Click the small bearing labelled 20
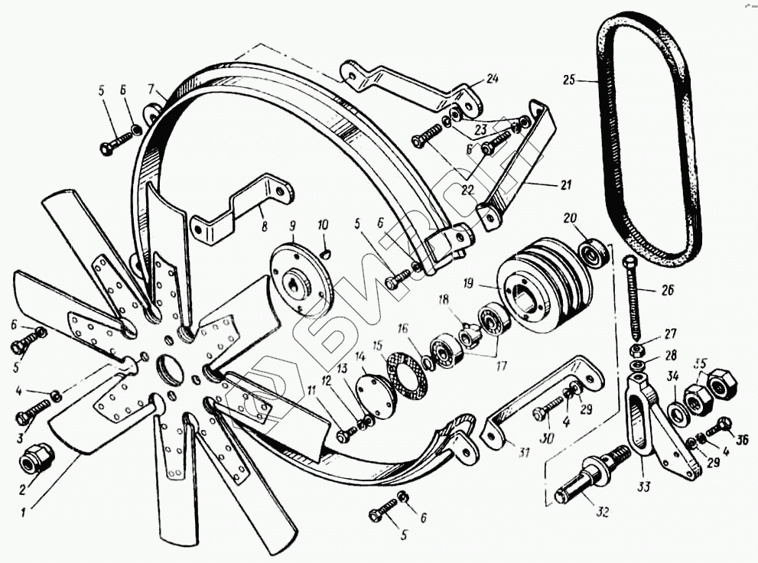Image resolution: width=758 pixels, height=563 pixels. [594, 249]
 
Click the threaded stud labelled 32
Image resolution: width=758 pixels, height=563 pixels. [589, 477]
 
